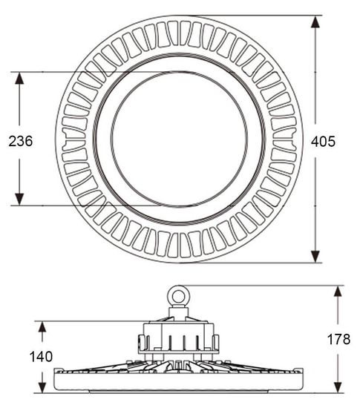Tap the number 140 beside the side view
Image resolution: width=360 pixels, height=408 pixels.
point(41,357)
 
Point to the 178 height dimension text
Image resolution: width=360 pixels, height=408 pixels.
point(339,339)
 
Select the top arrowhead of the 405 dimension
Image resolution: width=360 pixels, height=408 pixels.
point(316,22)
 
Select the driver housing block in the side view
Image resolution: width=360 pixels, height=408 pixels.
point(178,338)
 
